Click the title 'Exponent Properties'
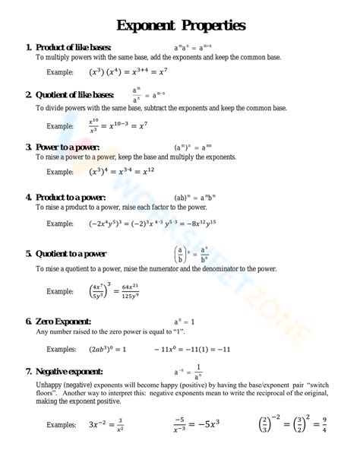[x=180, y=25]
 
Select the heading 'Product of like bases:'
[x=73, y=47]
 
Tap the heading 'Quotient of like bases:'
[x=74, y=95]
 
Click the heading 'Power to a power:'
[x=67, y=147]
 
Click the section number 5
[x=29, y=254]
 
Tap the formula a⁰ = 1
[x=185, y=322]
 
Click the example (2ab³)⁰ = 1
[x=108, y=349]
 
